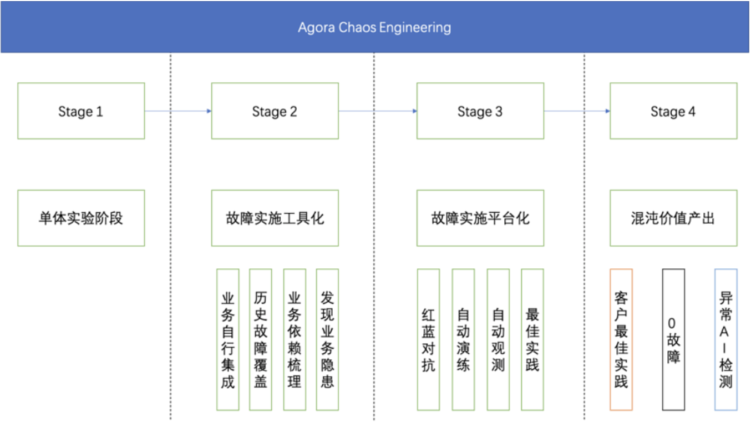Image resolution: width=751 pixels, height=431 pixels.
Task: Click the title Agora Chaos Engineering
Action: tap(374, 28)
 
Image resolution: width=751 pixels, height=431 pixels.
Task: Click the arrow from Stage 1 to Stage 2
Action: tap(178, 111)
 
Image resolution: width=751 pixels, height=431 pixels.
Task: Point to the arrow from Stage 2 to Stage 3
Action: tap(378, 111)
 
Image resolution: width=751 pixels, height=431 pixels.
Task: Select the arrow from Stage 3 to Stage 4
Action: tap(577, 111)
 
